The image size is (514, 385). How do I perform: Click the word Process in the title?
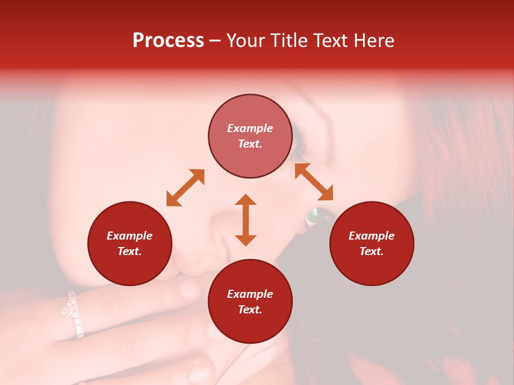click(168, 41)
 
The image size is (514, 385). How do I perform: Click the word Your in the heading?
click(246, 41)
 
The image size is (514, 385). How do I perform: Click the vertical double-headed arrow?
click(246, 220)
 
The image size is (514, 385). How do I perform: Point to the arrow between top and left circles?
click(185, 188)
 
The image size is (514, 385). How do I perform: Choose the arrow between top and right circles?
click(314, 182)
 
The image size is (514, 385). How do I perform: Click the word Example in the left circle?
click(130, 236)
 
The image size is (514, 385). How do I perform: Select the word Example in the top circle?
click(250, 128)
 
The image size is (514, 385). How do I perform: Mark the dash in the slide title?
click(215, 41)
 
